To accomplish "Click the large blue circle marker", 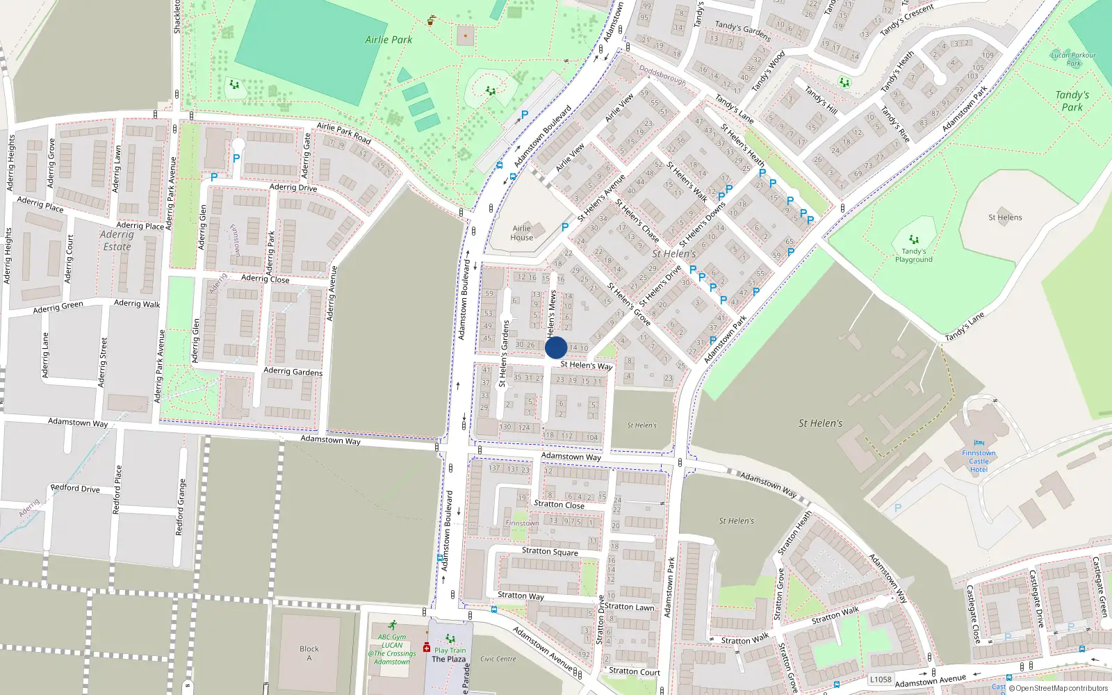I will [556, 347].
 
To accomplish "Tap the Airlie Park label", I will [389, 40].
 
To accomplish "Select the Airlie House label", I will [522, 233].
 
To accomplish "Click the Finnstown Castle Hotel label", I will [979, 461].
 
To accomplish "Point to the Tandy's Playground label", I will [913, 255].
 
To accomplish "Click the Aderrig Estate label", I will [117, 240].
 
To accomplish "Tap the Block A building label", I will [309, 653].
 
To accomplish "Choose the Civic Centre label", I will [498, 659].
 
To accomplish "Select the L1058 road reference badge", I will [881, 680].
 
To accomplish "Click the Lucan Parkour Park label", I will [1073, 59].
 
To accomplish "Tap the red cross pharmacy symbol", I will [427, 648].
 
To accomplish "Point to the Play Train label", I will [450, 651].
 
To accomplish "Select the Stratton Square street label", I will [550, 551].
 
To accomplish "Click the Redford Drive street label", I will [75, 489].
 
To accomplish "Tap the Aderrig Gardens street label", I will [293, 372].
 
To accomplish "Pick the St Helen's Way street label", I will [586, 365].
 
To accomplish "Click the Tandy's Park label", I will [1072, 101].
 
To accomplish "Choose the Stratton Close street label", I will [559, 505].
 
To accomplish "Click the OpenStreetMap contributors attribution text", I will [1061, 688].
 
